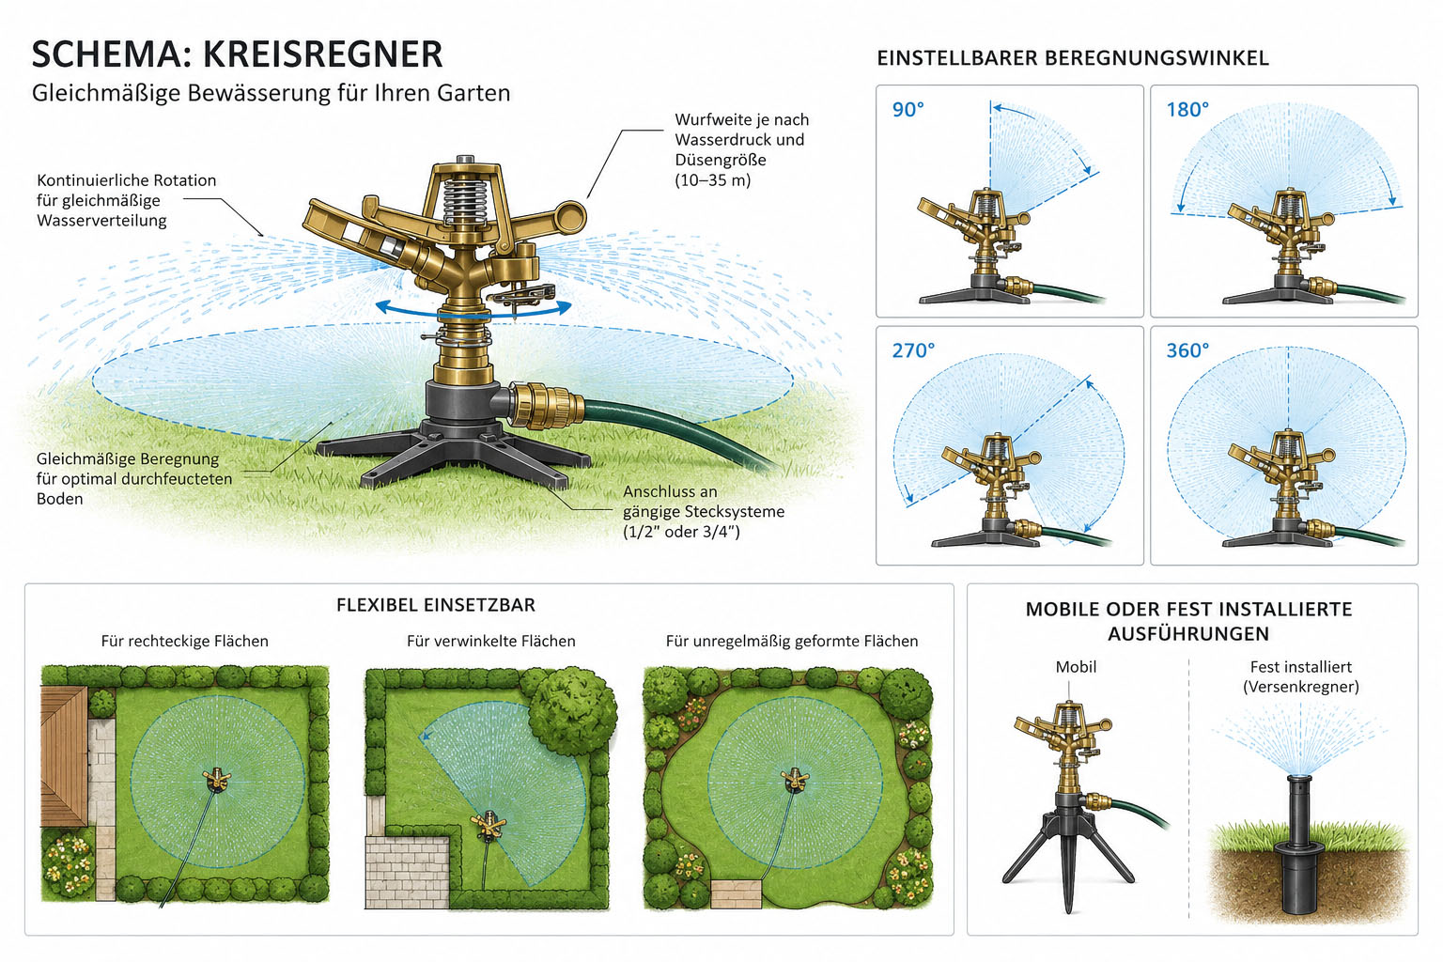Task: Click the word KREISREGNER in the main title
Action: [x=323, y=54]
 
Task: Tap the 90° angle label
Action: [x=908, y=110]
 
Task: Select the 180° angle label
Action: [x=1187, y=110]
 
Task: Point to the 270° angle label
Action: [x=913, y=350]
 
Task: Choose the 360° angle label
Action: [x=1187, y=350]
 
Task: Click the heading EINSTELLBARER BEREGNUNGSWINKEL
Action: [x=1073, y=58]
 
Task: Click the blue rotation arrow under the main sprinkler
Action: [x=473, y=309]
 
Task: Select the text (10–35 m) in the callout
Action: [x=712, y=179]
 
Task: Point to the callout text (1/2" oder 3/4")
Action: [x=681, y=532]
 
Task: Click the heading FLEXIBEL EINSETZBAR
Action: [x=436, y=605]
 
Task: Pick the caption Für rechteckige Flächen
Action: [x=184, y=641]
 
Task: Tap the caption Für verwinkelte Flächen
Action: [x=491, y=641]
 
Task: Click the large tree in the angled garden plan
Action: [x=571, y=711]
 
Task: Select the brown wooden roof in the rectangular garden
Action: [x=64, y=756]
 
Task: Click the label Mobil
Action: [x=1075, y=667]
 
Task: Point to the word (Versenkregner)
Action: [x=1300, y=687]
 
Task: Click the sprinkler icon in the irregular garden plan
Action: [x=794, y=779]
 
